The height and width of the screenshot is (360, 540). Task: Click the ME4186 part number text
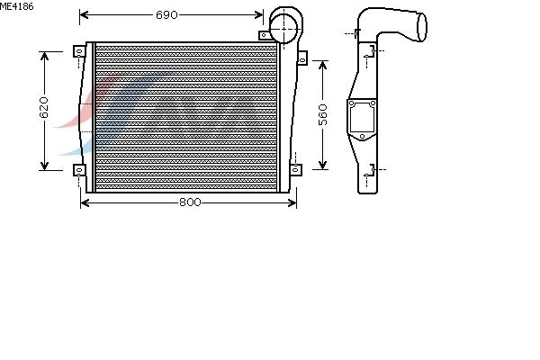(17, 6)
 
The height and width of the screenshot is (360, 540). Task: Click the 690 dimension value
(166, 14)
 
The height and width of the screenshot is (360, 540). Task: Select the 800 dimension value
(190, 202)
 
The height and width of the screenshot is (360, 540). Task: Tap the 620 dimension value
(44, 107)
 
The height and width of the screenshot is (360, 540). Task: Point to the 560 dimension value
(323, 114)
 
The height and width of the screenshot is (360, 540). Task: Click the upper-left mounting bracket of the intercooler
(79, 51)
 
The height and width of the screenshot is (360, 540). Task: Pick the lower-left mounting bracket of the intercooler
(79, 170)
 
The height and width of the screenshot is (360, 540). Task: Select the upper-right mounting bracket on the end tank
(302, 58)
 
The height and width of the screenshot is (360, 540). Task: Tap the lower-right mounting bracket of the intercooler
(296, 170)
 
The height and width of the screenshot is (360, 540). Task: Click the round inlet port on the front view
(283, 30)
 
